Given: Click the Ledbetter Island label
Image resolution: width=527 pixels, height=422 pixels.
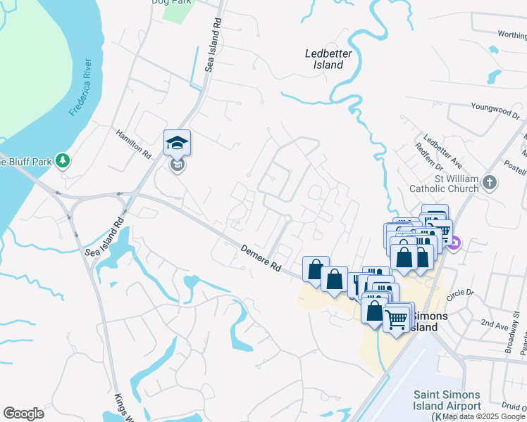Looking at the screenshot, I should pyautogui.click(x=324, y=59).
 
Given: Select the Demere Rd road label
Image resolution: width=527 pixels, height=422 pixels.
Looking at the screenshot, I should pyautogui.click(x=261, y=258).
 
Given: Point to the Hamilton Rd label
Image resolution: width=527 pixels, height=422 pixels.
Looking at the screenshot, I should pyautogui.click(x=134, y=143).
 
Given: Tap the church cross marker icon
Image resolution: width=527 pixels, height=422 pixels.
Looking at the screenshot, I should pyautogui.click(x=491, y=184).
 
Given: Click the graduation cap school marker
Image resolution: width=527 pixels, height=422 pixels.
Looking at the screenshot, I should pyautogui.click(x=177, y=143).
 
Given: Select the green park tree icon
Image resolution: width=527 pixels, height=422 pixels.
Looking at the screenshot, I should pyautogui.click(x=63, y=161).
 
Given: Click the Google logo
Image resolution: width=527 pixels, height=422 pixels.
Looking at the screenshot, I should pyautogui.click(x=23, y=413).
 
